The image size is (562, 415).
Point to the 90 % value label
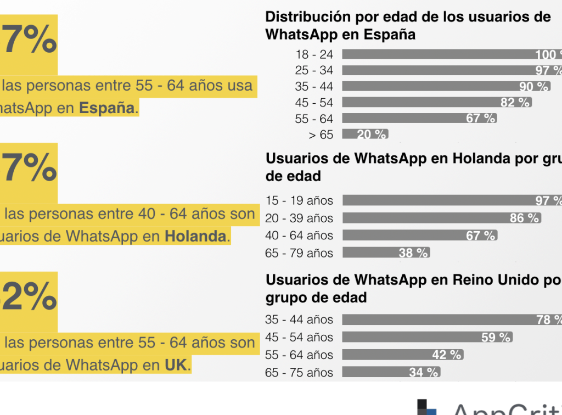click(534, 87)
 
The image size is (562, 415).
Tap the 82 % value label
click(515, 103)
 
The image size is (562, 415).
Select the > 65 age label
click(321, 134)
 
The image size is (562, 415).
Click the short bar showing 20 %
click(365, 134)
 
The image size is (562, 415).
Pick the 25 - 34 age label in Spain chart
click(314, 71)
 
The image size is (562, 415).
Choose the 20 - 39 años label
click(299, 218)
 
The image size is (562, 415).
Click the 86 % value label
click(525, 218)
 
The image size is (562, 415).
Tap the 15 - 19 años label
click(299, 201)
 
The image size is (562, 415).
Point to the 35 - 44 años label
click(299, 319)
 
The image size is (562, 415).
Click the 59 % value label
click(496, 338)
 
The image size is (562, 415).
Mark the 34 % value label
click(424, 373)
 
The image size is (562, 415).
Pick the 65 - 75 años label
click(299, 373)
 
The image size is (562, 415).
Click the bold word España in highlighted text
click(107, 108)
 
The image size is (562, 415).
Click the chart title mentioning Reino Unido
click(412, 289)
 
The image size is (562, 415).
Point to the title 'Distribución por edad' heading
click(408, 25)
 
